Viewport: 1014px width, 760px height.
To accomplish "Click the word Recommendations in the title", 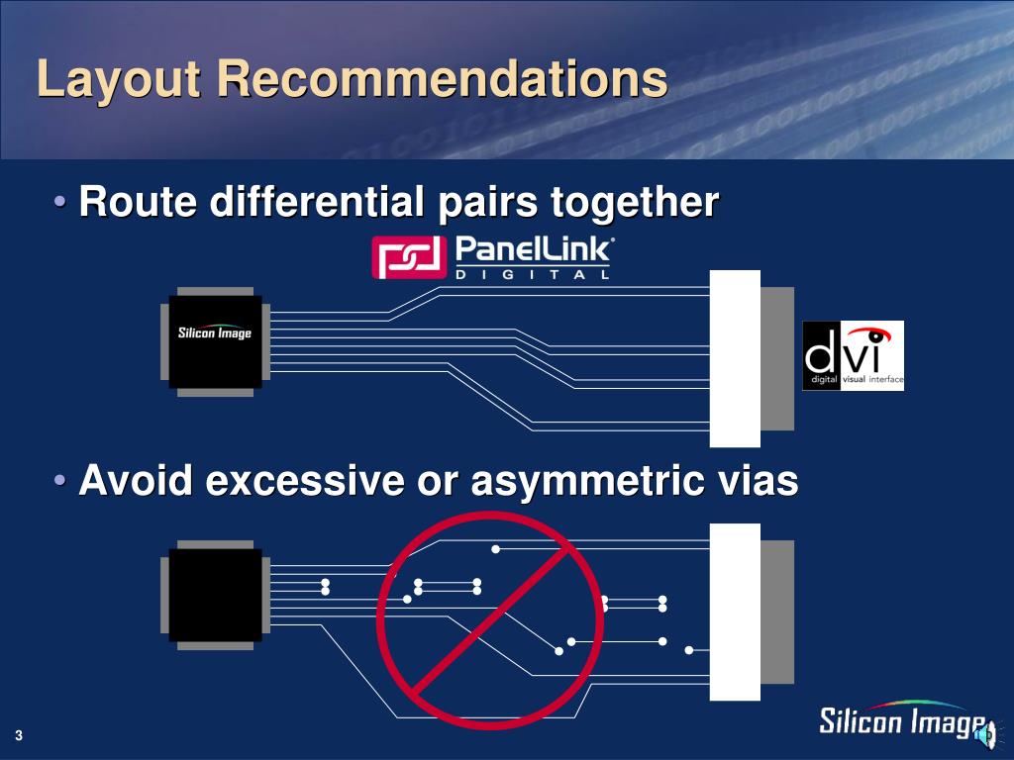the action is click(443, 79).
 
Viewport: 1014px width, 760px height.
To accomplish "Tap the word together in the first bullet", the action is click(634, 203).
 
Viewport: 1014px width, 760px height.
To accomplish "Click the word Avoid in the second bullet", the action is click(138, 481).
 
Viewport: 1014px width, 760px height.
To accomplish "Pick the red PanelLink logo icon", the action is click(407, 257).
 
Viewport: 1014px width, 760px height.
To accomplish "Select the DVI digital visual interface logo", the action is click(853, 355).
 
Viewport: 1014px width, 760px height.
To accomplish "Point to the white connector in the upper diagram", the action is click(736, 358).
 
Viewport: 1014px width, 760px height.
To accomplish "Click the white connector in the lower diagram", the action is click(736, 612).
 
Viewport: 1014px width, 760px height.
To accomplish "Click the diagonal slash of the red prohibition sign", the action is click(489, 619).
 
